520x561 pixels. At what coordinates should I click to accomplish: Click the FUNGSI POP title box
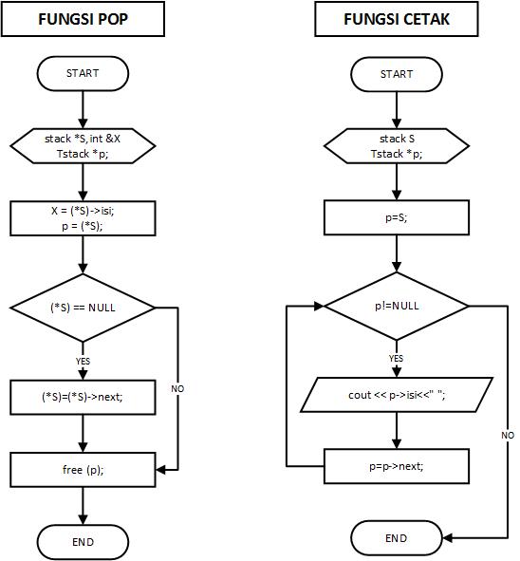tap(84, 19)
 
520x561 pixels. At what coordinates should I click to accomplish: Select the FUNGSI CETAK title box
tap(396, 19)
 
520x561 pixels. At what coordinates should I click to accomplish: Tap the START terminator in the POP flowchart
tap(83, 72)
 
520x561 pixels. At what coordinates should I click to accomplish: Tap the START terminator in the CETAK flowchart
tap(396, 73)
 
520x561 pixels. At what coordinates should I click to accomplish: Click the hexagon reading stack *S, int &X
tap(83, 145)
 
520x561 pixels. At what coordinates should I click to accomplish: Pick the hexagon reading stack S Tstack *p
tap(396, 145)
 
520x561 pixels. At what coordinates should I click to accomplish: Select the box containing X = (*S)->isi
tap(83, 218)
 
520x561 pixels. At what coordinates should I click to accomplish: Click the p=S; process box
tap(396, 218)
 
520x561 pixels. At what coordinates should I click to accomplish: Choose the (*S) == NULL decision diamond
tap(83, 308)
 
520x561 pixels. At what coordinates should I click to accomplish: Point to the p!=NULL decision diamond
tap(396, 306)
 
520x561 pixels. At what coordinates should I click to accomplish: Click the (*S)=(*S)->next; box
tap(83, 398)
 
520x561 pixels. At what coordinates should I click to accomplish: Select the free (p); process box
tap(83, 469)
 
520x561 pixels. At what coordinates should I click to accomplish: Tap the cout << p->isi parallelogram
tap(396, 394)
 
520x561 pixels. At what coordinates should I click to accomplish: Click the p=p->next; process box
tap(396, 466)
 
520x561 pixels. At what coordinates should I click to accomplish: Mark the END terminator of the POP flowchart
tap(83, 541)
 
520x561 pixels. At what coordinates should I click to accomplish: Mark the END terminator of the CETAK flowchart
tap(396, 538)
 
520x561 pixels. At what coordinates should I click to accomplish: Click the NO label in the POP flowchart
tap(177, 389)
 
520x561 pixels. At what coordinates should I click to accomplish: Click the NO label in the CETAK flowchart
tap(508, 435)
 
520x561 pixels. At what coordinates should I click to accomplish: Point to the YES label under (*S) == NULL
tap(83, 361)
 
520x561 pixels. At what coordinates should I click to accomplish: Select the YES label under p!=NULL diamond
tap(396, 359)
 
